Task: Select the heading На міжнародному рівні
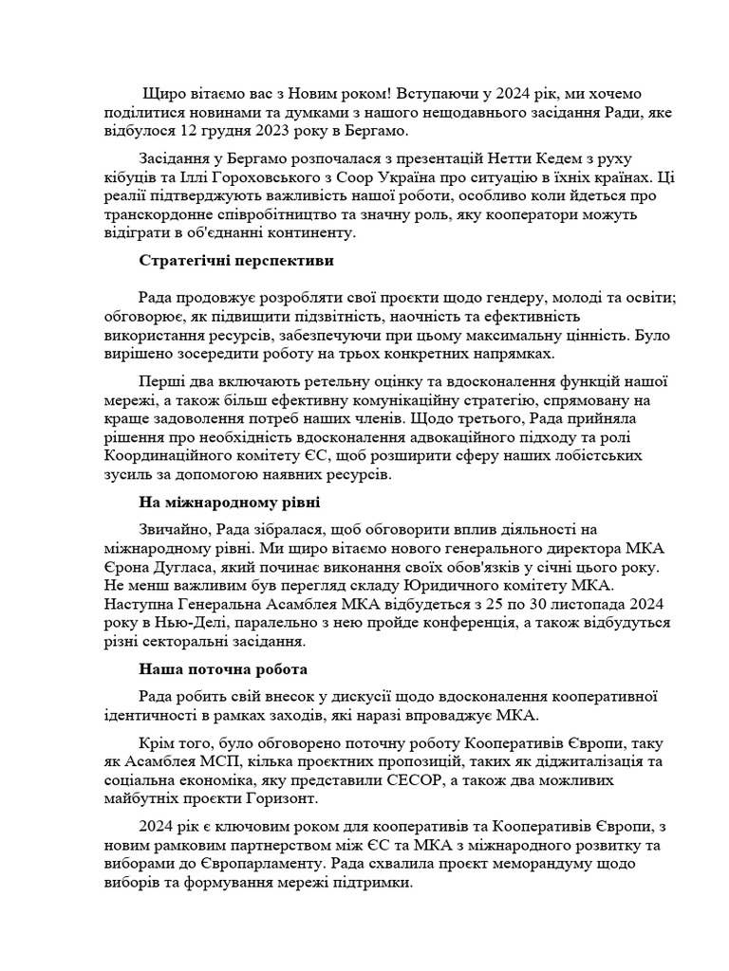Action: point(229,502)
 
